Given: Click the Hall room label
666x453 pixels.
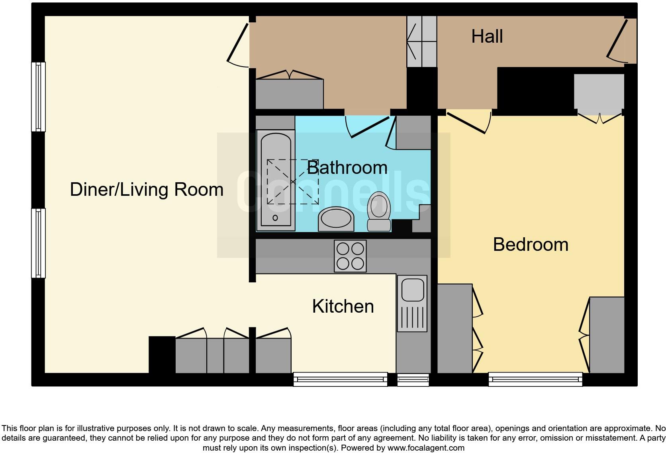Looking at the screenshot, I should pyautogui.click(x=487, y=36).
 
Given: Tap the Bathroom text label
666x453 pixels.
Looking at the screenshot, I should pyautogui.click(x=347, y=167).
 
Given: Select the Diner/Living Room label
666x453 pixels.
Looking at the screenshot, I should pyautogui.click(x=147, y=189).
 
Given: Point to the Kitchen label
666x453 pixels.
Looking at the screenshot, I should pyautogui.click(x=343, y=307).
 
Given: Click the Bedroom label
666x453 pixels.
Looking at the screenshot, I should pyautogui.click(x=531, y=244).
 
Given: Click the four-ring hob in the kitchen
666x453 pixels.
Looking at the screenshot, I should pyautogui.click(x=350, y=256).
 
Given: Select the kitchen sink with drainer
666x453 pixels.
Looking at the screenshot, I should pyautogui.click(x=412, y=303).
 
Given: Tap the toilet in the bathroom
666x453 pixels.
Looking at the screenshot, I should pyautogui.click(x=379, y=212).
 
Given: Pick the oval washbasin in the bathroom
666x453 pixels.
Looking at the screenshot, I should pyautogui.click(x=336, y=219).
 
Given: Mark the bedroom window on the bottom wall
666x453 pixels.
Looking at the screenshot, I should pyautogui.click(x=535, y=379).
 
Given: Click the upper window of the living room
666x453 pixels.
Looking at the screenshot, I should pyautogui.click(x=38, y=97).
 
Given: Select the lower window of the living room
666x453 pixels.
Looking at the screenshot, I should pyautogui.click(x=38, y=243).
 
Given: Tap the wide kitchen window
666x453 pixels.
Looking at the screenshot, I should pyautogui.click(x=340, y=379).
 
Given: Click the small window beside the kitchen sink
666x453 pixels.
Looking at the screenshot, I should pyautogui.click(x=413, y=380).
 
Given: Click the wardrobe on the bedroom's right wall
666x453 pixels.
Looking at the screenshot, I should pyautogui.click(x=607, y=335).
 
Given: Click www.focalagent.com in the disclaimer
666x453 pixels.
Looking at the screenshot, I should pyautogui.click(x=425, y=448).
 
